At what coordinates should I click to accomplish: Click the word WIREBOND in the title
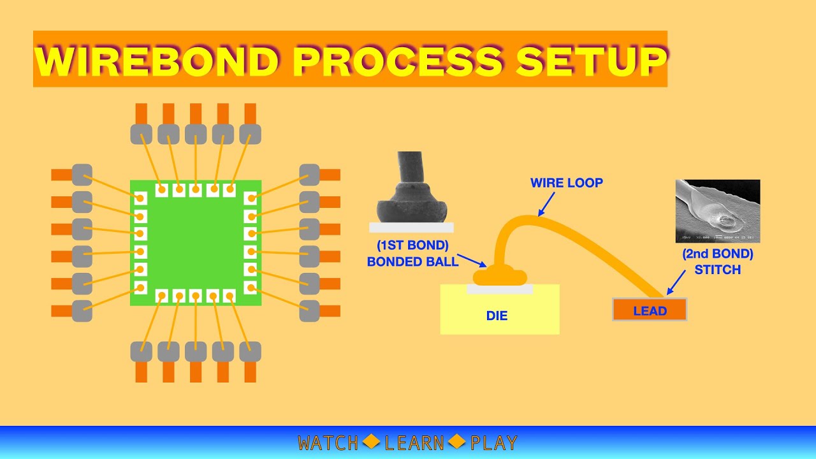[x=157, y=61]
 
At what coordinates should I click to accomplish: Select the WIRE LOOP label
[x=566, y=184]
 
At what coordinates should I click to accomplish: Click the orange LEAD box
[x=650, y=310]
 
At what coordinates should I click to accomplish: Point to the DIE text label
[x=497, y=316]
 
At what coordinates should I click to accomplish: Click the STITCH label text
[x=717, y=270]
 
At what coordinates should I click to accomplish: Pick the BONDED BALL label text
[x=412, y=261]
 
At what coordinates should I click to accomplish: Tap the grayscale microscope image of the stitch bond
[x=718, y=211]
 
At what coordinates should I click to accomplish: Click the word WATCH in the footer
[x=328, y=443]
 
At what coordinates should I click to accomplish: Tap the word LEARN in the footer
[x=414, y=443]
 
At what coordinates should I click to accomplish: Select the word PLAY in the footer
[x=494, y=443]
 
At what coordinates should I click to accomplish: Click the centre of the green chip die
[x=196, y=242]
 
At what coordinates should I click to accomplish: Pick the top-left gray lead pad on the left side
[x=82, y=174]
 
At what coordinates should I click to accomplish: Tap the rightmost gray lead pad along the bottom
[x=250, y=351]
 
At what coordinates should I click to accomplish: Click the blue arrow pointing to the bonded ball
[x=472, y=261]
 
